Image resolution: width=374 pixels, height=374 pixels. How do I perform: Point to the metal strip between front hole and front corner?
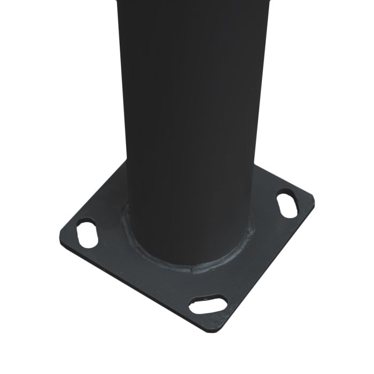click(x=219, y=317)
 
